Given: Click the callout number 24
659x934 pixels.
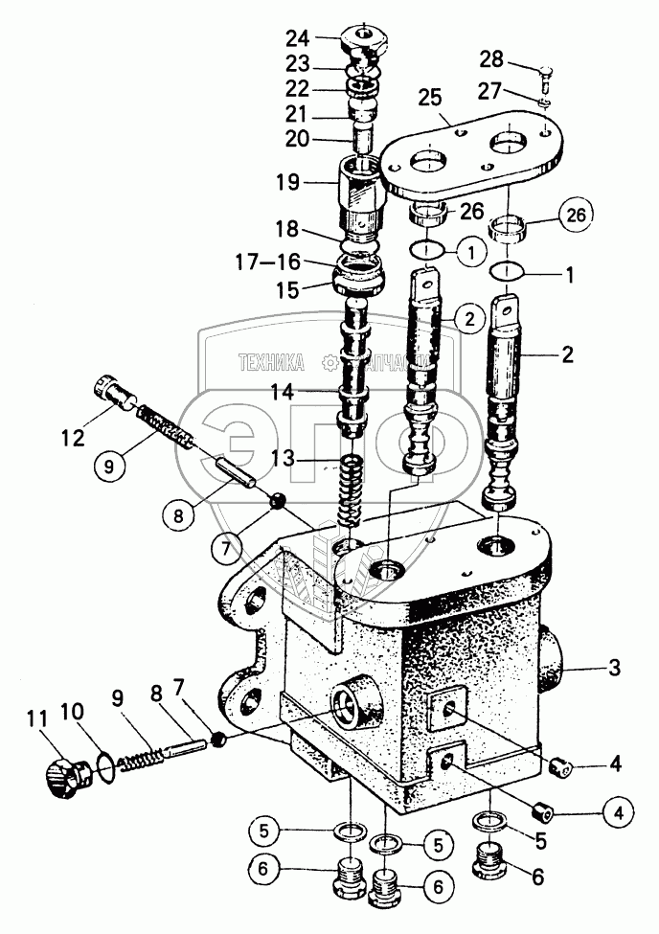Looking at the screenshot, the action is pyautogui.click(x=298, y=39).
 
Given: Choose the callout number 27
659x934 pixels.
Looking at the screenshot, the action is pyautogui.click(x=490, y=93).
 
